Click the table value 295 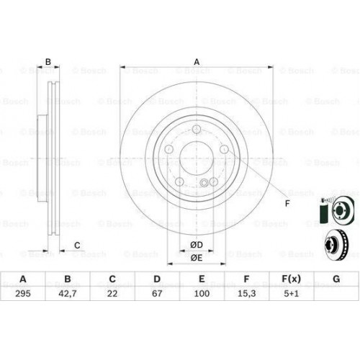(x=23, y=294)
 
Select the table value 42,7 (x=68, y=294)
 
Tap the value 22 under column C (x=112, y=294)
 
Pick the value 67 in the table (x=157, y=294)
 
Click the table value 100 (x=202, y=294)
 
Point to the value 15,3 (x=246, y=294)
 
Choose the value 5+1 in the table (x=291, y=294)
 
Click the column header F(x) (x=291, y=279)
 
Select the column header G (x=336, y=279)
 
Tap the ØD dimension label (x=197, y=245)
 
